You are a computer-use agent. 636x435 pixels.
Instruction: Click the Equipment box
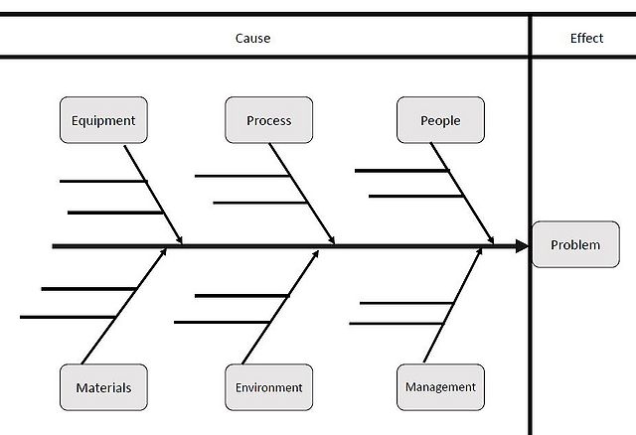tap(103, 120)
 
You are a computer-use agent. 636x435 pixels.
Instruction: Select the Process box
tap(269, 120)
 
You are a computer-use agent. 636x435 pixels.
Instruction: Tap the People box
tap(440, 120)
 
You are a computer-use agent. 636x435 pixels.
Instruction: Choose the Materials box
tap(103, 387)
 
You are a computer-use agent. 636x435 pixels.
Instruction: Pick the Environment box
tap(268, 387)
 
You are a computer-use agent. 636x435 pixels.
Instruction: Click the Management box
tap(440, 386)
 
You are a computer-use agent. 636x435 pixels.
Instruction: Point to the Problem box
tap(575, 244)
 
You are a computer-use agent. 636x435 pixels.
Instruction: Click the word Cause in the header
tap(252, 39)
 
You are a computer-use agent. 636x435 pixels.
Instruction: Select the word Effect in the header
tap(586, 39)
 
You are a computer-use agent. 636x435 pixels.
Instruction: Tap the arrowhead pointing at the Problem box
tap(523, 245)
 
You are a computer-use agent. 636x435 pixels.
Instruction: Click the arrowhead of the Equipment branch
tap(180, 238)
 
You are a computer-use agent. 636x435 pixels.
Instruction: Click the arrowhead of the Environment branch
tap(316, 253)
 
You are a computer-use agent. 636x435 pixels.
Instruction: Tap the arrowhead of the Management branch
tap(479, 253)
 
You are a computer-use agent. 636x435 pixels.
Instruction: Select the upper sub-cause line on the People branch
tap(401, 171)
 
